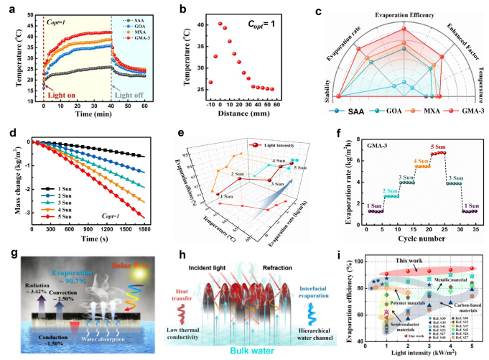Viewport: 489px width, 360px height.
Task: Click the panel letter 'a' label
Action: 9,6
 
